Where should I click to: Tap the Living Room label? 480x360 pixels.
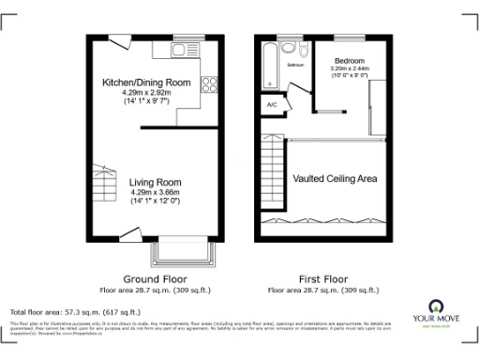coord(156,182)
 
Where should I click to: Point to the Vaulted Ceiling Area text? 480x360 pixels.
coord(336,177)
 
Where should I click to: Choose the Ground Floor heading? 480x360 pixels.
coord(156,279)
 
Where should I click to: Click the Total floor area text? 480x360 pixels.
coord(74,311)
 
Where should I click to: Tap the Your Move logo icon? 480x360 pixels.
coord(435,307)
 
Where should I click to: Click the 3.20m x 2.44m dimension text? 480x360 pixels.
coord(350,68)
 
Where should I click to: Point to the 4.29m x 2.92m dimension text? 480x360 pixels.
coord(156,93)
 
